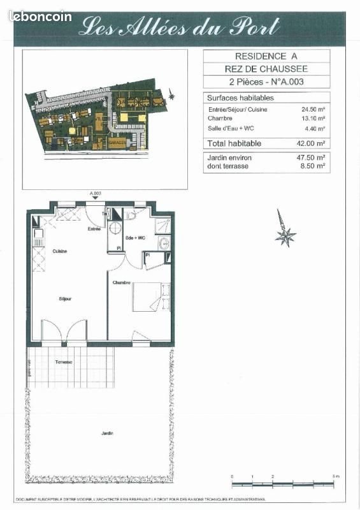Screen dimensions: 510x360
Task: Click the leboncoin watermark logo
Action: [40, 17]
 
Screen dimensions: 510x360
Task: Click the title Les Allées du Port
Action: [179, 27]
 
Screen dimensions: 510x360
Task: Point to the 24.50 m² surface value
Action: [313, 109]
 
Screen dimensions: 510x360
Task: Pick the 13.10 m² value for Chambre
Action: [313, 118]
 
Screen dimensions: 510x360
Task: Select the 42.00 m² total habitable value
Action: [313, 143]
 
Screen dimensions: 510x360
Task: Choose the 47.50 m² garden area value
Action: [313, 157]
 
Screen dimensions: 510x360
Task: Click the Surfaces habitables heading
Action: [241, 98]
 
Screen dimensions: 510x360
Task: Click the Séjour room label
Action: [65, 298]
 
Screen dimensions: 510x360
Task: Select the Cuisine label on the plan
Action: [60, 251]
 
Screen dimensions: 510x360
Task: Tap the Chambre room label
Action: [122, 282]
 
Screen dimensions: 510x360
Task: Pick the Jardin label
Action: [107, 433]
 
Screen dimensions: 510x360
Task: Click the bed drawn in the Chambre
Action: [152, 296]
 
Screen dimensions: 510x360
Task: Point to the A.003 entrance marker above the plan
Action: [96, 193]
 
